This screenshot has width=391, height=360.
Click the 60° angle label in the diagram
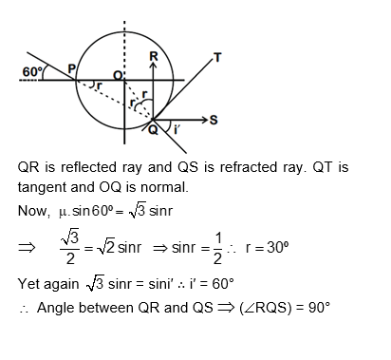click(x=31, y=70)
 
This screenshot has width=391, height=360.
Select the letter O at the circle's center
click(x=119, y=74)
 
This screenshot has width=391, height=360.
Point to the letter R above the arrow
click(x=155, y=56)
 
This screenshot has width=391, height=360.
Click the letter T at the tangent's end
click(x=217, y=58)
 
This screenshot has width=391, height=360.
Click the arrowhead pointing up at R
click(x=154, y=68)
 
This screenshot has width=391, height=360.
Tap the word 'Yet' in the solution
click(x=30, y=283)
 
